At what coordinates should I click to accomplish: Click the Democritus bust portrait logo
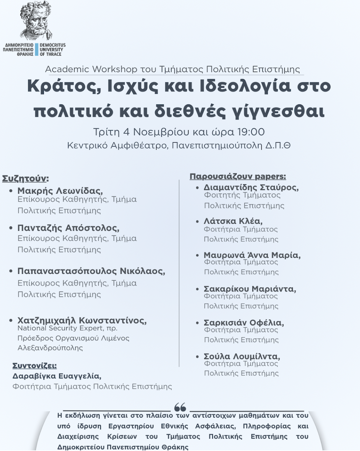(x=36, y=22)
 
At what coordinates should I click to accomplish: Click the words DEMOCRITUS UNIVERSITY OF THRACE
(x=52, y=50)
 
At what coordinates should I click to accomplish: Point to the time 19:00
(x=251, y=132)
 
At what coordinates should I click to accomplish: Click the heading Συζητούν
(x=25, y=178)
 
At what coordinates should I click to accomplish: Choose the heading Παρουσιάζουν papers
(x=238, y=176)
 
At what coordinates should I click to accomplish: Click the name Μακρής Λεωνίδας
(x=60, y=190)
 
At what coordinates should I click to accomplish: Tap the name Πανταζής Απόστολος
(x=68, y=227)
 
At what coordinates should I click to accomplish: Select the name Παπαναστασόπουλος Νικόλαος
(x=91, y=271)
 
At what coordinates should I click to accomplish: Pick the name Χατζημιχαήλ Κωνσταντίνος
(x=82, y=320)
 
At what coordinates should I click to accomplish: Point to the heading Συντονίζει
(x=35, y=366)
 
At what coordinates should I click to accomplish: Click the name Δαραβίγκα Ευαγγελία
(x=57, y=376)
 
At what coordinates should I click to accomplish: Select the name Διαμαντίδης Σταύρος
(x=251, y=187)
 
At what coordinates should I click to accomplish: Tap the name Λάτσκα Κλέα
(x=233, y=221)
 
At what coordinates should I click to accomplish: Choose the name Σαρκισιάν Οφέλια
(x=243, y=323)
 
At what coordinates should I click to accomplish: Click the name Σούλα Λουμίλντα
(x=242, y=357)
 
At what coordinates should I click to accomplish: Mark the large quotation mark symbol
(x=180, y=407)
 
